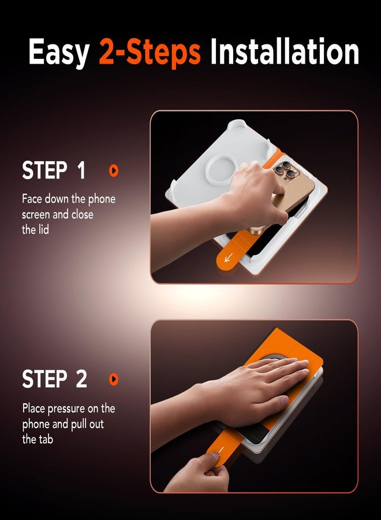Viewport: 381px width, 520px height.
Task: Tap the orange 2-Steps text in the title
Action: pos(150,52)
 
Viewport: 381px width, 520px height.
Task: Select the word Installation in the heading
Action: pos(284,52)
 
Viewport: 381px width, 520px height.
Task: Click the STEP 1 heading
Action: pos(54,170)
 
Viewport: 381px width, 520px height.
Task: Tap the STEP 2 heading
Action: pos(54,379)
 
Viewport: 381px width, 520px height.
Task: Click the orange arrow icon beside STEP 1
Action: pos(114,170)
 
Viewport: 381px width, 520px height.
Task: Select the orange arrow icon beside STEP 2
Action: pos(114,379)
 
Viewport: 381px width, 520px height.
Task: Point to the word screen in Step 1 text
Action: pos(38,214)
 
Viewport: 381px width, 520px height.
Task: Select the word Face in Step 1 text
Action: pos(32,199)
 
